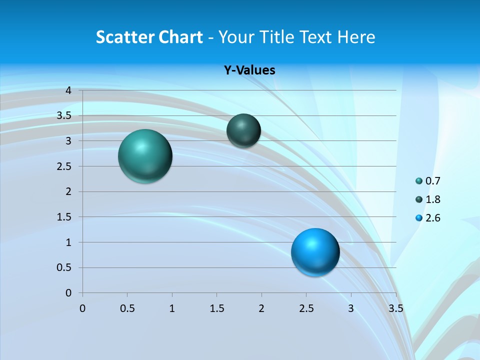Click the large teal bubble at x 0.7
[145, 156]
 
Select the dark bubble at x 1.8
[243, 130]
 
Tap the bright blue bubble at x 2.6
[315, 252]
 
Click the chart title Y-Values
[249, 70]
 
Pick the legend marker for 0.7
[419, 181]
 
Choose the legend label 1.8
[432, 199]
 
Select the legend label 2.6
[432, 218]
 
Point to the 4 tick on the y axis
[69, 90]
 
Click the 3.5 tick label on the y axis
[64, 116]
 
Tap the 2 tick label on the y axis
[69, 191]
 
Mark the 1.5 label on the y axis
[64, 217]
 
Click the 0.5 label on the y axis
[64, 267]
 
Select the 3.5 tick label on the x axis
[396, 308]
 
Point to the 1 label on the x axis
[172, 308]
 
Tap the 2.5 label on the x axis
[306, 308]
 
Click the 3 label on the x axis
[351, 308]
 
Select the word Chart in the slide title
[179, 37]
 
